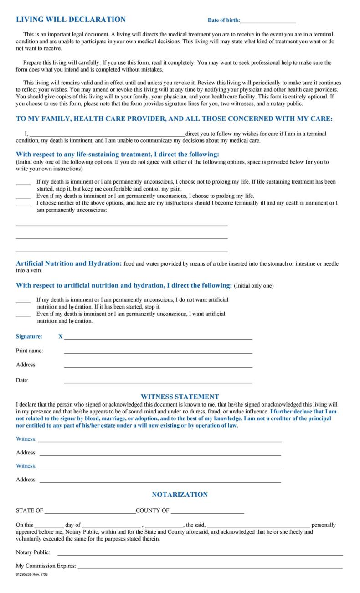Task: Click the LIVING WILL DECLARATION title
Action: click(x=71, y=20)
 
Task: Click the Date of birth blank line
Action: click(x=268, y=21)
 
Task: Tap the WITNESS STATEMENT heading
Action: click(x=180, y=397)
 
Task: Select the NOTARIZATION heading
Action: click(x=180, y=495)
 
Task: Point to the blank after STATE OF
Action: click(x=90, y=512)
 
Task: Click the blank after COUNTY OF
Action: click(x=207, y=512)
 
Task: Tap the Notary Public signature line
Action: click(x=200, y=554)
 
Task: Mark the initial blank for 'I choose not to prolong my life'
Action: click(x=23, y=183)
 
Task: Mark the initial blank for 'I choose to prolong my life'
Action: click(x=23, y=197)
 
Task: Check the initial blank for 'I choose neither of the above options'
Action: click(x=23, y=205)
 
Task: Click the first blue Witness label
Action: click(x=26, y=439)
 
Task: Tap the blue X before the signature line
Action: click(x=61, y=336)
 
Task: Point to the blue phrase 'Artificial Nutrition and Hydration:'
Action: click(x=69, y=263)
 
